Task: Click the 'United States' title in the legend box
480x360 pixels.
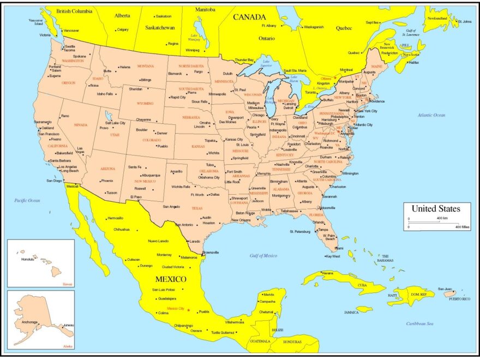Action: tap(435, 208)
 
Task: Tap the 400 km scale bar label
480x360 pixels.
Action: tap(442, 218)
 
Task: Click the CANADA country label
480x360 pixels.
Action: tap(249, 17)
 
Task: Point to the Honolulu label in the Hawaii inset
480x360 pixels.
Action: tap(27, 259)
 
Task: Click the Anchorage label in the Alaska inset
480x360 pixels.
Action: tap(29, 322)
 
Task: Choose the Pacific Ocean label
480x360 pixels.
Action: tap(27, 201)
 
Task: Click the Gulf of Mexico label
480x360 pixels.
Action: tap(263, 255)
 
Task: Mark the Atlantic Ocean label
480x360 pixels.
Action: tap(432, 115)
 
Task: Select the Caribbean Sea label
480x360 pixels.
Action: tap(419, 323)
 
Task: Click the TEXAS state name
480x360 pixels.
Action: tap(197, 208)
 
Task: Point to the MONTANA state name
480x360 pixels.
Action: tap(146, 66)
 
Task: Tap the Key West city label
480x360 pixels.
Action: tap(333, 256)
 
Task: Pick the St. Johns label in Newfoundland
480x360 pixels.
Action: tap(465, 21)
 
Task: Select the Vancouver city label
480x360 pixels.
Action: tap(71, 31)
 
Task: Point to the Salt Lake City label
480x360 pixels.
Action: tap(115, 123)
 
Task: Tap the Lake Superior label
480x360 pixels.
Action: tap(267, 63)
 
